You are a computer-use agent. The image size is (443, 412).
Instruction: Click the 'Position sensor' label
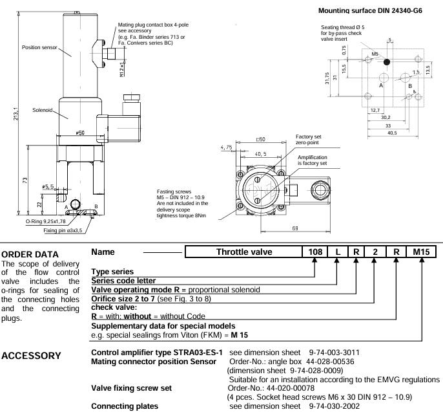(37, 47)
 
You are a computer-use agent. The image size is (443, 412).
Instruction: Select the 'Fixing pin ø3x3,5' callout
(67, 230)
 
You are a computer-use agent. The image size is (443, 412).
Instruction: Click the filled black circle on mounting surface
(387, 62)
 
